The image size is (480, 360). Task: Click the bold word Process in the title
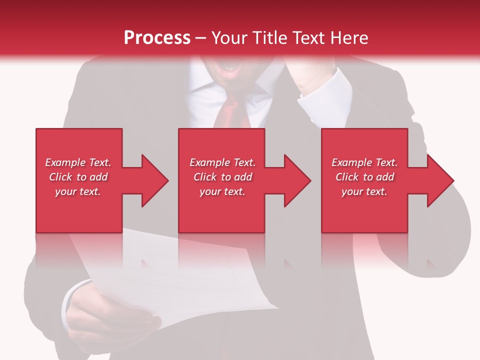157,38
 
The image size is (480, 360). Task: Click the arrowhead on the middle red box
296,180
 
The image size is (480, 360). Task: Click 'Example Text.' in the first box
78,162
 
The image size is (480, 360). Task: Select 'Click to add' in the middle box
222,177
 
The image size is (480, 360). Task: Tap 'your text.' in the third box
364,191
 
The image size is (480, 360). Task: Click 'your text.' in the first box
78,191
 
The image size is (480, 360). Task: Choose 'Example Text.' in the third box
364,162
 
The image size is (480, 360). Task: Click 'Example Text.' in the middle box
222,162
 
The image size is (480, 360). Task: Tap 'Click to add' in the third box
364,177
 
